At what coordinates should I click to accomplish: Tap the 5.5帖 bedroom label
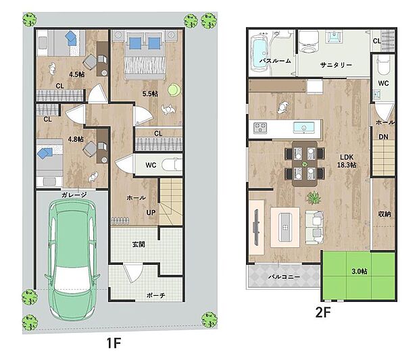(150, 94)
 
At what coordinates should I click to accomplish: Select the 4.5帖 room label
(77, 74)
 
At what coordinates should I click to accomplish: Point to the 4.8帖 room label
(76, 139)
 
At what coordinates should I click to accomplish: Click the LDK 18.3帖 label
(347, 161)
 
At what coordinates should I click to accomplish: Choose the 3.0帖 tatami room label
(360, 272)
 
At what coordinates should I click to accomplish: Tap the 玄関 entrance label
(139, 244)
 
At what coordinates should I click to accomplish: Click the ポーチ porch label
(156, 295)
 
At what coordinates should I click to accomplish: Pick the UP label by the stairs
(151, 213)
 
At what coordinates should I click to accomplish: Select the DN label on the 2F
(383, 136)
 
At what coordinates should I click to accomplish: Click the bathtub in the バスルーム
(260, 53)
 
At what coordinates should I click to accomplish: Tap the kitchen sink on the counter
(304, 128)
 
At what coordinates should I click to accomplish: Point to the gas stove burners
(260, 128)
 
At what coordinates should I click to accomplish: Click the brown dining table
(305, 163)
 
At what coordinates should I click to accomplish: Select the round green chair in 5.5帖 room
(174, 90)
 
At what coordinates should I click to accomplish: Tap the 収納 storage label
(385, 214)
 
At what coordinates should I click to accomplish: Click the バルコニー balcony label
(284, 277)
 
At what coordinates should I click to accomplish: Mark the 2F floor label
(323, 312)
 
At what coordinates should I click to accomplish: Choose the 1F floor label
(114, 343)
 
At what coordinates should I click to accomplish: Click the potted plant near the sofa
(314, 198)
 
